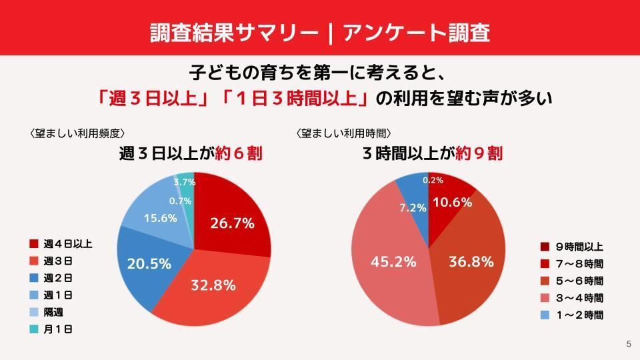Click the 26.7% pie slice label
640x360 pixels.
click(x=232, y=224)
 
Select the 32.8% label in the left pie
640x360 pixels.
click(x=213, y=285)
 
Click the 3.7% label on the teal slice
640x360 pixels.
click(x=184, y=182)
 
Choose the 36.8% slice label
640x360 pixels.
click(x=471, y=261)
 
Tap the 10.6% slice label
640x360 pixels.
click(x=452, y=202)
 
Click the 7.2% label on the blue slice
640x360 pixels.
click(x=413, y=207)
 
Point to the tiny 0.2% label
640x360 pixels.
click(x=433, y=180)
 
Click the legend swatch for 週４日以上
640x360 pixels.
click(x=34, y=244)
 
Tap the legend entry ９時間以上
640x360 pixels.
click(x=579, y=247)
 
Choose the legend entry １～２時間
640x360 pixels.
click(x=579, y=315)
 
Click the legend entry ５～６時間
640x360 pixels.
click(x=579, y=281)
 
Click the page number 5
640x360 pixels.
click(x=628, y=344)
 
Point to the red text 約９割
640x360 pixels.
click(x=479, y=154)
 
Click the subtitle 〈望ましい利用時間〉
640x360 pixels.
click(x=343, y=133)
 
